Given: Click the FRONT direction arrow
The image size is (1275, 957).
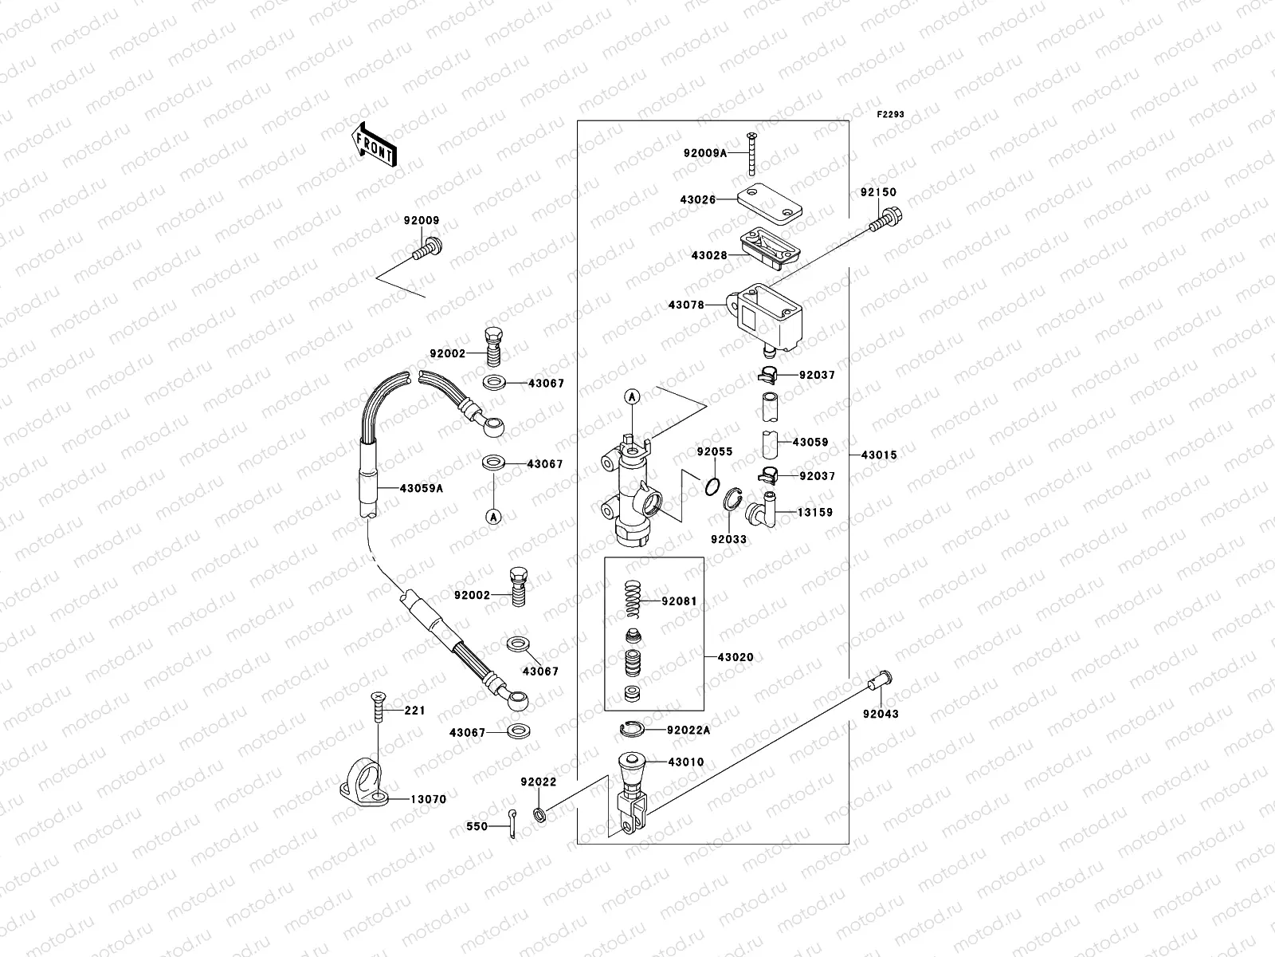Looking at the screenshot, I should [x=374, y=144].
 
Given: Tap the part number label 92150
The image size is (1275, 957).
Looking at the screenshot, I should [x=878, y=192].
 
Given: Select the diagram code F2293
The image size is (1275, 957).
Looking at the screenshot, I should [x=891, y=115].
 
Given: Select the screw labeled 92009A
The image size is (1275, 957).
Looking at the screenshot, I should [x=751, y=155].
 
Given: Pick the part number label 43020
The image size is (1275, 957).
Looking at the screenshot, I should [x=735, y=657].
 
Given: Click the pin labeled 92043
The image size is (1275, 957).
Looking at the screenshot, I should [x=879, y=683].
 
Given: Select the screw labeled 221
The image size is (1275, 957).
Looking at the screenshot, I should [x=378, y=707].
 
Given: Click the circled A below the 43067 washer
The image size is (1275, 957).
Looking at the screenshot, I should [x=494, y=517].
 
